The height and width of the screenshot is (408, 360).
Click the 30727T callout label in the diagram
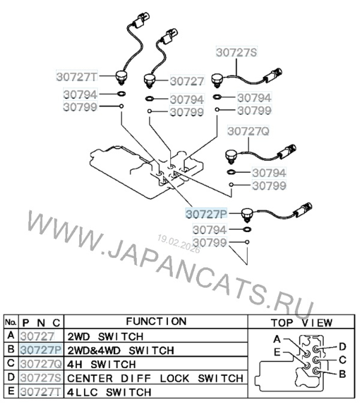point(77,76)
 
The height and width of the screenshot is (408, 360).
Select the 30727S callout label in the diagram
point(237,52)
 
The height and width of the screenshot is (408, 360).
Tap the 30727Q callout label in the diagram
point(248,132)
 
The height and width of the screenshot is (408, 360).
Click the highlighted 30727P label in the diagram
point(206,214)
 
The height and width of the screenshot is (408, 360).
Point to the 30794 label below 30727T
point(80,94)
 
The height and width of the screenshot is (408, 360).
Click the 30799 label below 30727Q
point(269,186)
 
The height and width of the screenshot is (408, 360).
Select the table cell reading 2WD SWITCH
point(105,337)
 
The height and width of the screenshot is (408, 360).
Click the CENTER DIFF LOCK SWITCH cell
point(155,378)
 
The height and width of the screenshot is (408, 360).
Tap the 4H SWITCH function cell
point(102,364)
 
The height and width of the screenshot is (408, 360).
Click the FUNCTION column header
point(156,321)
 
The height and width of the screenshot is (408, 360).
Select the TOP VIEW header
point(301,322)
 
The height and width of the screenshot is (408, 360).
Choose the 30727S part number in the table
point(41,378)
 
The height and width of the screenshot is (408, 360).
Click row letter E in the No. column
point(11,391)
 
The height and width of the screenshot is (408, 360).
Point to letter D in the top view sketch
point(342,346)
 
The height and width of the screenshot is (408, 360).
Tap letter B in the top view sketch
point(342,374)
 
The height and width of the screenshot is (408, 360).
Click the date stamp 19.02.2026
point(178,244)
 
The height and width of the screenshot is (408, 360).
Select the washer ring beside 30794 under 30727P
point(247,229)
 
